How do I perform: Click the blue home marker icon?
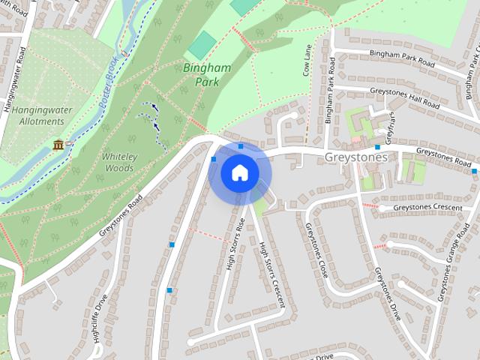(239, 173)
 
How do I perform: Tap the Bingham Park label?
(206, 74)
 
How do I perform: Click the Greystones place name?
(357, 158)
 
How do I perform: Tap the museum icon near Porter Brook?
(58, 144)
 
